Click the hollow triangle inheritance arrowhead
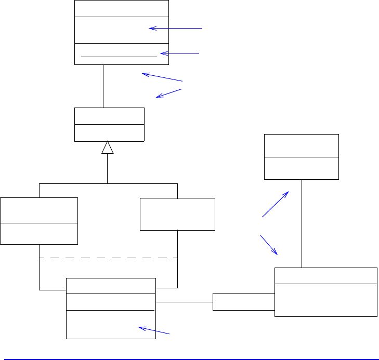tap(108, 148)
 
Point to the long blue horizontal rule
tap(189, 358)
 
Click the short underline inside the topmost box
tap(119, 55)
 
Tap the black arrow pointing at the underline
tap(179, 53)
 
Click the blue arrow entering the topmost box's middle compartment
tap(175, 28)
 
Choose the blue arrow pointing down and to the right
tap(269, 245)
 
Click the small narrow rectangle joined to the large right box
tap(243, 301)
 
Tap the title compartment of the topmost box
tap(122, 9)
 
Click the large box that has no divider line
tap(177, 214)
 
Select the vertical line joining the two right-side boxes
tap(302, 223)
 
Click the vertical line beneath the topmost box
tap(103, 86)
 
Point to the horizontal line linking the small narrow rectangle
tap(184, 302)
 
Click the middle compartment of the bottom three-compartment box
tap(111, 302)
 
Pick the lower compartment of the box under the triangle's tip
tap(109, 133)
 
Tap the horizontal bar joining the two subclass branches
tap(108, 183)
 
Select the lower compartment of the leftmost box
tap(39, 233)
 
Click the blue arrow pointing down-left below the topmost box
tap(169, 93)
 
